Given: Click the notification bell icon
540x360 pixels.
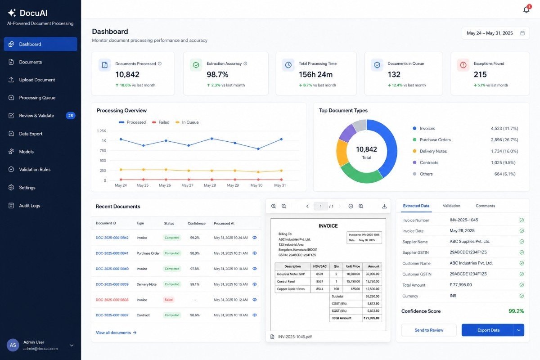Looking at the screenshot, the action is pyautogui.click(x=526, y=9).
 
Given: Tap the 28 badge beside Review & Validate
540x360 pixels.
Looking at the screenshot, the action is pyautogui.click(x=70, y=116).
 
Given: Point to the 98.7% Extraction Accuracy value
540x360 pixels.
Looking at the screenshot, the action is pyautogui.click(x=217, y=75).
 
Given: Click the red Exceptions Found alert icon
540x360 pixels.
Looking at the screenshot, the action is pyautogui.click(x=463, y=65).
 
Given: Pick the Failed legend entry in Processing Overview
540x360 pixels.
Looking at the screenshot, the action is pyautogui.click(x=161, y=122).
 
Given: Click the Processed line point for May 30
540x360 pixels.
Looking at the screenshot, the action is pyautogui.click(x=258, y=149).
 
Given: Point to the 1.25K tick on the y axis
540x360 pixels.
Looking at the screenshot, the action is pyautogui.click(x=101, y=131).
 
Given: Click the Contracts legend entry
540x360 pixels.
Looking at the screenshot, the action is pyautogui.click(x=426, y=162).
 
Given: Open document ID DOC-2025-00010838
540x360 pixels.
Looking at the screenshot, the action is pyautogui.click(x=112, y=300).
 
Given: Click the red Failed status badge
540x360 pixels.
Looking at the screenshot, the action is pyautogui.click(x=168, y=300).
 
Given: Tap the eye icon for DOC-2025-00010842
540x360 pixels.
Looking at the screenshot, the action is pyautogui.click(x=255, y=238).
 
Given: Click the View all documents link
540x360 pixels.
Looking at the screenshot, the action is pyautogui.click(x=116, y=333).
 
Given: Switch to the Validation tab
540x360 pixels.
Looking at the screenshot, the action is pyautogui.click(x=451, y=206).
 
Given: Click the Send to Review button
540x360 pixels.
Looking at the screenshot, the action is pyautogui.click(x=429, y=330).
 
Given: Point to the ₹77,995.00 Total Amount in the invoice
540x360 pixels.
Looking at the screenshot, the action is pyautogui.click(x=371, y=318).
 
